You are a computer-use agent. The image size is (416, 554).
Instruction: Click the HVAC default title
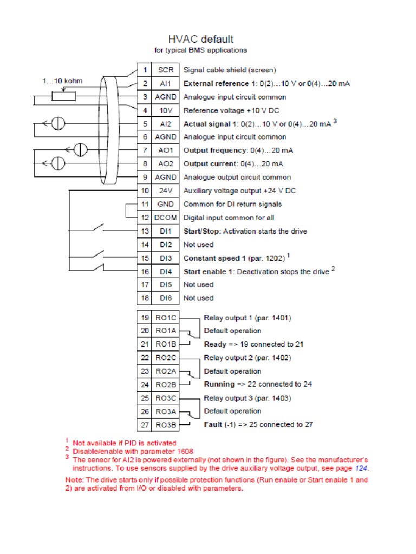[x=201, y=39]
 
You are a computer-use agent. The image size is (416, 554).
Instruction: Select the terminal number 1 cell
[x=145, y=70]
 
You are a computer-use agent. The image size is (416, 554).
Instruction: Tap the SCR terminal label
[x=165, y=70]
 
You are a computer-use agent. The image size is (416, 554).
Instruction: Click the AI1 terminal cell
[x=165, y=83]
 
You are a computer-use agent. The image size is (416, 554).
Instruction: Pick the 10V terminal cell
[x=165, y=110]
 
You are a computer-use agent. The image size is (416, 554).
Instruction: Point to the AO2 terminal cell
[x=165, y=163]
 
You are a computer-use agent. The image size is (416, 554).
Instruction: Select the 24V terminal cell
[x=165, y=190]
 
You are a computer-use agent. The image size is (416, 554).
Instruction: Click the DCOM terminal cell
[x=165, y=217]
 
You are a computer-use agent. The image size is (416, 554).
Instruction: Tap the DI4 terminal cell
[x=165, y=271]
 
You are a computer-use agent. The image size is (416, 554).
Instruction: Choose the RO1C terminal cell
[x=165, y=318]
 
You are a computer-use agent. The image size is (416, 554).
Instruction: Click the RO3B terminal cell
[x=165, y=425]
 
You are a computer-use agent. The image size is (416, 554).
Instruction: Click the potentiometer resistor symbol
[x=63, y=97]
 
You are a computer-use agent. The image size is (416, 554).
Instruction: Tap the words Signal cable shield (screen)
[x=230, y=70]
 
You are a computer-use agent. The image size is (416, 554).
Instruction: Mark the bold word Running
[x=218, y=385]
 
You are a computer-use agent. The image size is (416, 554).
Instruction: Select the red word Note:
[x=75, y=480]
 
